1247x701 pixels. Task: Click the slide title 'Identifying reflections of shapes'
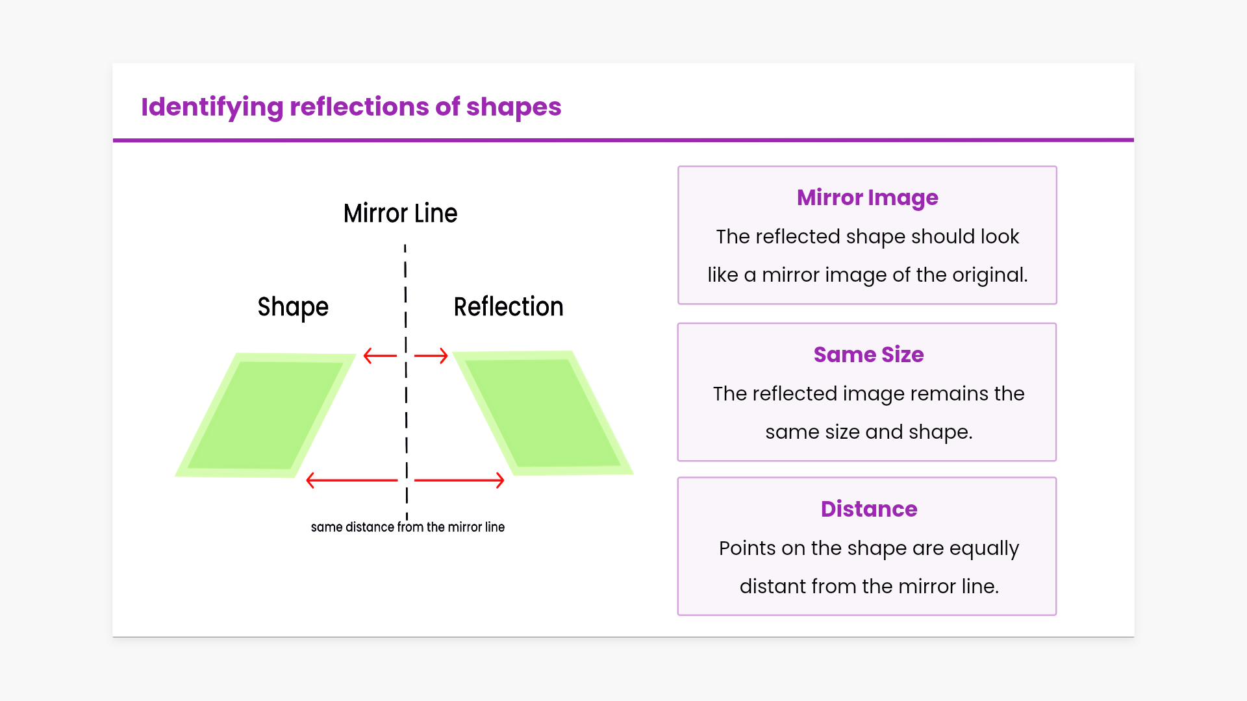[x=351, y=107]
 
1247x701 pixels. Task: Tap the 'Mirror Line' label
[x=400, y=214]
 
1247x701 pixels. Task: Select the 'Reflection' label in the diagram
[x=509, y=307]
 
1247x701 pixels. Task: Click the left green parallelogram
[x=266, y=415]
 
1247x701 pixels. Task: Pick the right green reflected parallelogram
[x=543, y=413]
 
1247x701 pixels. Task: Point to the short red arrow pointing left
[x=380, y=356]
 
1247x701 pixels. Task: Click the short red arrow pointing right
[x=431, y=356]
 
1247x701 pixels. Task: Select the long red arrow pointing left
[x=351, y=480]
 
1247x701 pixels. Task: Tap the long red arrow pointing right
[x=459, y=480]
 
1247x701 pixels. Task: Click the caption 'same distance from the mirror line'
[x=408, y=527]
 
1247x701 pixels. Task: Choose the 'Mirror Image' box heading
[x=868, y=198]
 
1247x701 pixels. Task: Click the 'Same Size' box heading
[x=869, y=354]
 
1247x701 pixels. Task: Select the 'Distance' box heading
[x=869, y=509]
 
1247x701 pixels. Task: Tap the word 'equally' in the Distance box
[x=984, y=549]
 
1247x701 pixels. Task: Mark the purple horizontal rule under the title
[x=623, y=140]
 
